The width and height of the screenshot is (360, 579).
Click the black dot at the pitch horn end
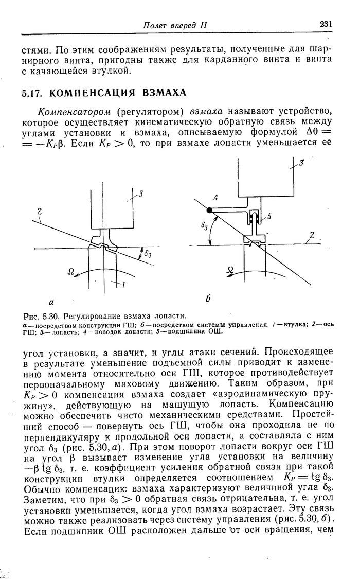coord(209,210)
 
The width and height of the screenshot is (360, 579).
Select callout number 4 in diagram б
coord(215,197)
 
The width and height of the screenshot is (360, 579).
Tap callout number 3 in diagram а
coord(141,194)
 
